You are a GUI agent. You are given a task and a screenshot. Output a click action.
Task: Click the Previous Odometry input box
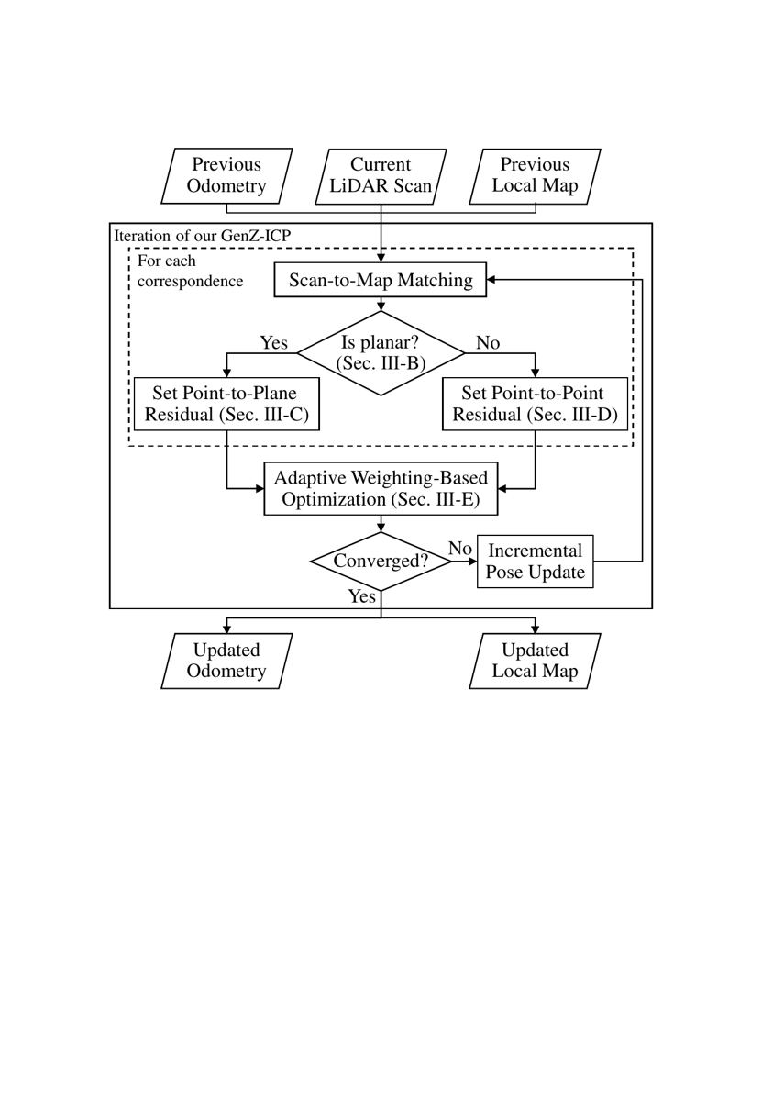[x=226, y=176]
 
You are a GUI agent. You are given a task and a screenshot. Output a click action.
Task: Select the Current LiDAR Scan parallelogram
[x=381, y=176]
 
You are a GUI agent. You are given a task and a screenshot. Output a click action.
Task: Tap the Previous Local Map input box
[x=535, y=176]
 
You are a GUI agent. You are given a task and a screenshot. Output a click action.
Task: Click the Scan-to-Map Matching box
[x=381, y=281]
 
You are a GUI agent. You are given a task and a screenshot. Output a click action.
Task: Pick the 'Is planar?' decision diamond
[x=381, y=353]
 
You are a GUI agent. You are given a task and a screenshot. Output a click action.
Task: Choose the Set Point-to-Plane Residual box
[x=226, y=404]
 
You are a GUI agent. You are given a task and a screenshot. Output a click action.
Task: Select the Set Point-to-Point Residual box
[x=536, y=404]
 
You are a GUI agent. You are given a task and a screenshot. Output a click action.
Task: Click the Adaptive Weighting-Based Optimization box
[x=381, y=488]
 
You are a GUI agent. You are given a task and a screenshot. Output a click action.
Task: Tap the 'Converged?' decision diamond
[x=381, y=561]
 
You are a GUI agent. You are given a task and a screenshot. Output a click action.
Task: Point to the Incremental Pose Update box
[x=535, y=562]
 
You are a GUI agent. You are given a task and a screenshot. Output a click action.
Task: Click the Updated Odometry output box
[x=226, y=661]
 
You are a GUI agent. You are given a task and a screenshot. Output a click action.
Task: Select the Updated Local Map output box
[x=535, y=661]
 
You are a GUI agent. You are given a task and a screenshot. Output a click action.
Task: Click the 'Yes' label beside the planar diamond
[x=273, y=343]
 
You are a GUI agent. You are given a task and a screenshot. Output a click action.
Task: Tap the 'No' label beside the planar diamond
[x=488, y=343]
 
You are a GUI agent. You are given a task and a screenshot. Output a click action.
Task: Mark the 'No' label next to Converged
[x=459, y=549]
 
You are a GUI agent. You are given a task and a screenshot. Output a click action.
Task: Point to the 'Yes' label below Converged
[x=362, y=597]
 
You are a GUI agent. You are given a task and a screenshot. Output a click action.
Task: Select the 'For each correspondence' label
[x=190, y=272]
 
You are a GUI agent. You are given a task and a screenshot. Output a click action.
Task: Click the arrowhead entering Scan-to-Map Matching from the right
[x=492, y=281]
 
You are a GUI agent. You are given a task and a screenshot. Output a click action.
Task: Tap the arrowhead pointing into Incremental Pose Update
[x=471, y=561]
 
